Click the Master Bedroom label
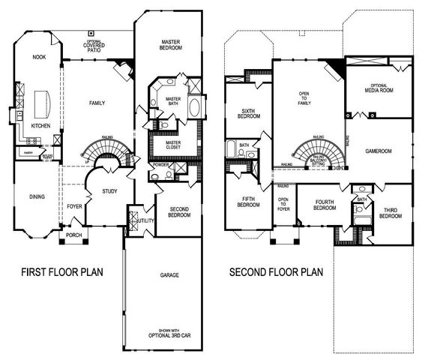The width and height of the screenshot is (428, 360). tap(172, 45)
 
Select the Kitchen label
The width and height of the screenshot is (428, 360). tap(41, 126)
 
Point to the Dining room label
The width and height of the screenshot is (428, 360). tap(37, 196)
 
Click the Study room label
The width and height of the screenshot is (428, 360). tap(110, 193)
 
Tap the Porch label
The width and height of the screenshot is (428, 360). tap(73, 235)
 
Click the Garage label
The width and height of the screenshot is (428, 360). tap(169, 276)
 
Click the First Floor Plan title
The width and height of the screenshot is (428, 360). tap(63, 271)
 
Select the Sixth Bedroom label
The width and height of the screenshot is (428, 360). tap(248, 113)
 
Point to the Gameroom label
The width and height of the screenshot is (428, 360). tap(379, 150)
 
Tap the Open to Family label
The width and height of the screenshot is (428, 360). tap(304, 97)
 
